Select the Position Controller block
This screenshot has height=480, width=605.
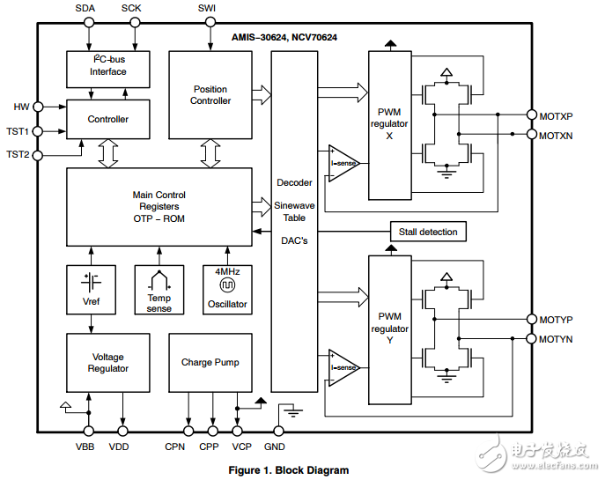click(210, 94)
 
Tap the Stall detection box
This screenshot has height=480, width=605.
click(428, 232)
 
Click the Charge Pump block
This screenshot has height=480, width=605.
click(210, 362)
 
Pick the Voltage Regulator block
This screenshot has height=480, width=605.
click(108, 362)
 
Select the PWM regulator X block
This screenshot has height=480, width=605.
click(389, 123)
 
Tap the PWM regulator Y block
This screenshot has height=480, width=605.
click(389, 329)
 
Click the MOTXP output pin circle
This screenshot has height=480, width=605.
click(531, 115)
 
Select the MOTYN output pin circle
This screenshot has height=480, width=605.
click(531, 339)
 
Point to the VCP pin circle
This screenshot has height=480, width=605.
click(237, 431)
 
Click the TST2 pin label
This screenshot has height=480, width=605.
click(18, 154)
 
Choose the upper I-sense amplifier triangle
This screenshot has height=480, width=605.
click(343, 163)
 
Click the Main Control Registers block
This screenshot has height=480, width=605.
click(159, 206)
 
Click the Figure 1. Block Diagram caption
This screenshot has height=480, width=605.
click(289, 470)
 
